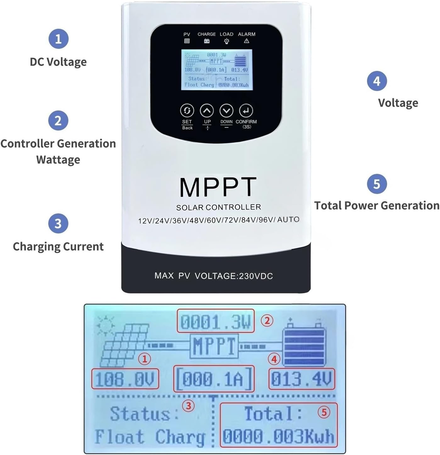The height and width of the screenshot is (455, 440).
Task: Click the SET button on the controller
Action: tap(187, 111)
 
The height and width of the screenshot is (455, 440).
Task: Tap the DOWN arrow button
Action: tap(226, 111)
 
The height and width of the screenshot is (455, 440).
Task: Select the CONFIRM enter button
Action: tap(246, 111)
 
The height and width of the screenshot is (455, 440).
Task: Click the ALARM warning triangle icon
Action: tap(247, 41)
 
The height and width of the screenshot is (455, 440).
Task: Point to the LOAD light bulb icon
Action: tap(226, 41)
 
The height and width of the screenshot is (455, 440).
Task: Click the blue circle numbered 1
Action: tap(58, 39)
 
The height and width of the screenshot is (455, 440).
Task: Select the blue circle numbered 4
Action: tap(377, 81)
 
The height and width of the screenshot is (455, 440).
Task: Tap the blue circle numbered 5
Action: tap(377, 184)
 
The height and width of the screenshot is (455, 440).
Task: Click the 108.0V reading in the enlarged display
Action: tap(125, 379)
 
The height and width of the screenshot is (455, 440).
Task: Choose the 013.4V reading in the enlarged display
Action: tap(301, 379)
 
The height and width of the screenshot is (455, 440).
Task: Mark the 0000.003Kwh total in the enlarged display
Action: tap(278, 436)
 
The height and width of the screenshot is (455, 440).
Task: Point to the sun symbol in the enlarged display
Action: tap(105, 324)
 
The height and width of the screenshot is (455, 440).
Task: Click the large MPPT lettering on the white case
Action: tap(218, 187)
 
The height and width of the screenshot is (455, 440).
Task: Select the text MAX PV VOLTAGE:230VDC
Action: tap(214, 276)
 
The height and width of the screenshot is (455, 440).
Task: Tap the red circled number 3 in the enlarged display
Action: tap(188, 406)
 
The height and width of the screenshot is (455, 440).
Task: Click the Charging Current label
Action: tap(58, 246)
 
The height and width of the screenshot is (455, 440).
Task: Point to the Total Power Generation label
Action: tap(377, 205)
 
